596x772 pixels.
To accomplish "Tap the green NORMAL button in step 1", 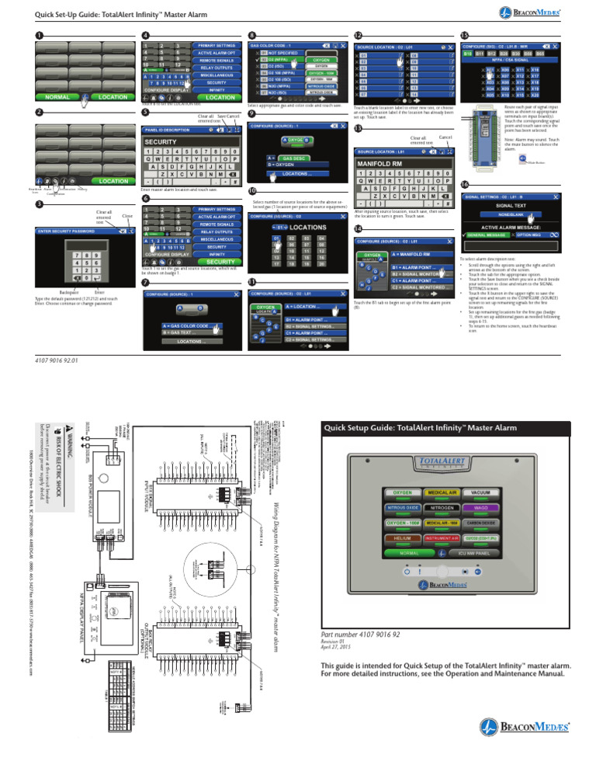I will [x=59, y=98].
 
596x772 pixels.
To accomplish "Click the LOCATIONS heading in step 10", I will [x=290, y=227].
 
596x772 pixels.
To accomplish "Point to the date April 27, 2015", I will [x=336, y=648].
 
